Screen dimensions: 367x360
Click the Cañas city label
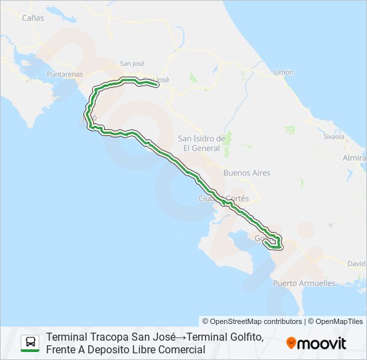pos(33,18)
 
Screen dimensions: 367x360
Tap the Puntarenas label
pos(65,75)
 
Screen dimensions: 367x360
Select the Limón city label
pos(284,71)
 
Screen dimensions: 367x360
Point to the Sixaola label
pos(334,136)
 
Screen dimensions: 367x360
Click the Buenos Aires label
pos(247,173)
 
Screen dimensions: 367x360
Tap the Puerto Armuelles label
pos(304,283)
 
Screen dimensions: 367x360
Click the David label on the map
pos(357,263)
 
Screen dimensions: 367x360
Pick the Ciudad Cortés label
pos(224,199)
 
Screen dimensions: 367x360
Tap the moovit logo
pos(316,343)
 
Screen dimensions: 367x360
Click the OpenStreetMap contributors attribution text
pos(252,321)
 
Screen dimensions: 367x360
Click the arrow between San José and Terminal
pos(179,337)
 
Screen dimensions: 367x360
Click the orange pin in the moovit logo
pos(291,343)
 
